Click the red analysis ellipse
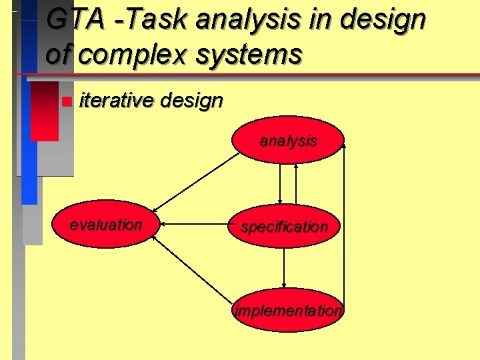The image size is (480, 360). coord(288,140)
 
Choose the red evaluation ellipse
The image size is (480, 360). coord(105,225)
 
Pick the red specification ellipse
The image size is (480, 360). coord(285,227)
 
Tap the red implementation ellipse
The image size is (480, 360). coord(288,311)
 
